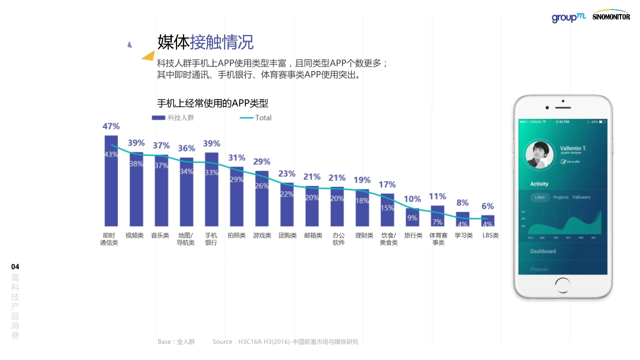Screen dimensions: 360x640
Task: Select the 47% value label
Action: tap(111, 126)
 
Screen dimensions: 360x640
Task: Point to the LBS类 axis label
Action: tap(490, 235)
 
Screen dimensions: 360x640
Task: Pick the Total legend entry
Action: tap(256, 117)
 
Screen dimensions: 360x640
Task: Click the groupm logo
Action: tap(568, 17)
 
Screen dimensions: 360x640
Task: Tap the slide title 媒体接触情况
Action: tap(205, 42)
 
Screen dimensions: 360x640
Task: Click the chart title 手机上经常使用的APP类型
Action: tap(212, 103)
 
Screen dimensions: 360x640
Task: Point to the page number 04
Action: tap(15, 266)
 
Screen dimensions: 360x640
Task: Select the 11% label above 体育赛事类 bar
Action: tap(437, 196)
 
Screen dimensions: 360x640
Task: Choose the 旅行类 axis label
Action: tap(413, 235)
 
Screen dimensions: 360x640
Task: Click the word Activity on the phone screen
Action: tap(539, 184)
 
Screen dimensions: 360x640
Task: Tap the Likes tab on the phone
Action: tap(540, 197)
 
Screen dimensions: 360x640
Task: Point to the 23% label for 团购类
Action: tap(287, 173)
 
